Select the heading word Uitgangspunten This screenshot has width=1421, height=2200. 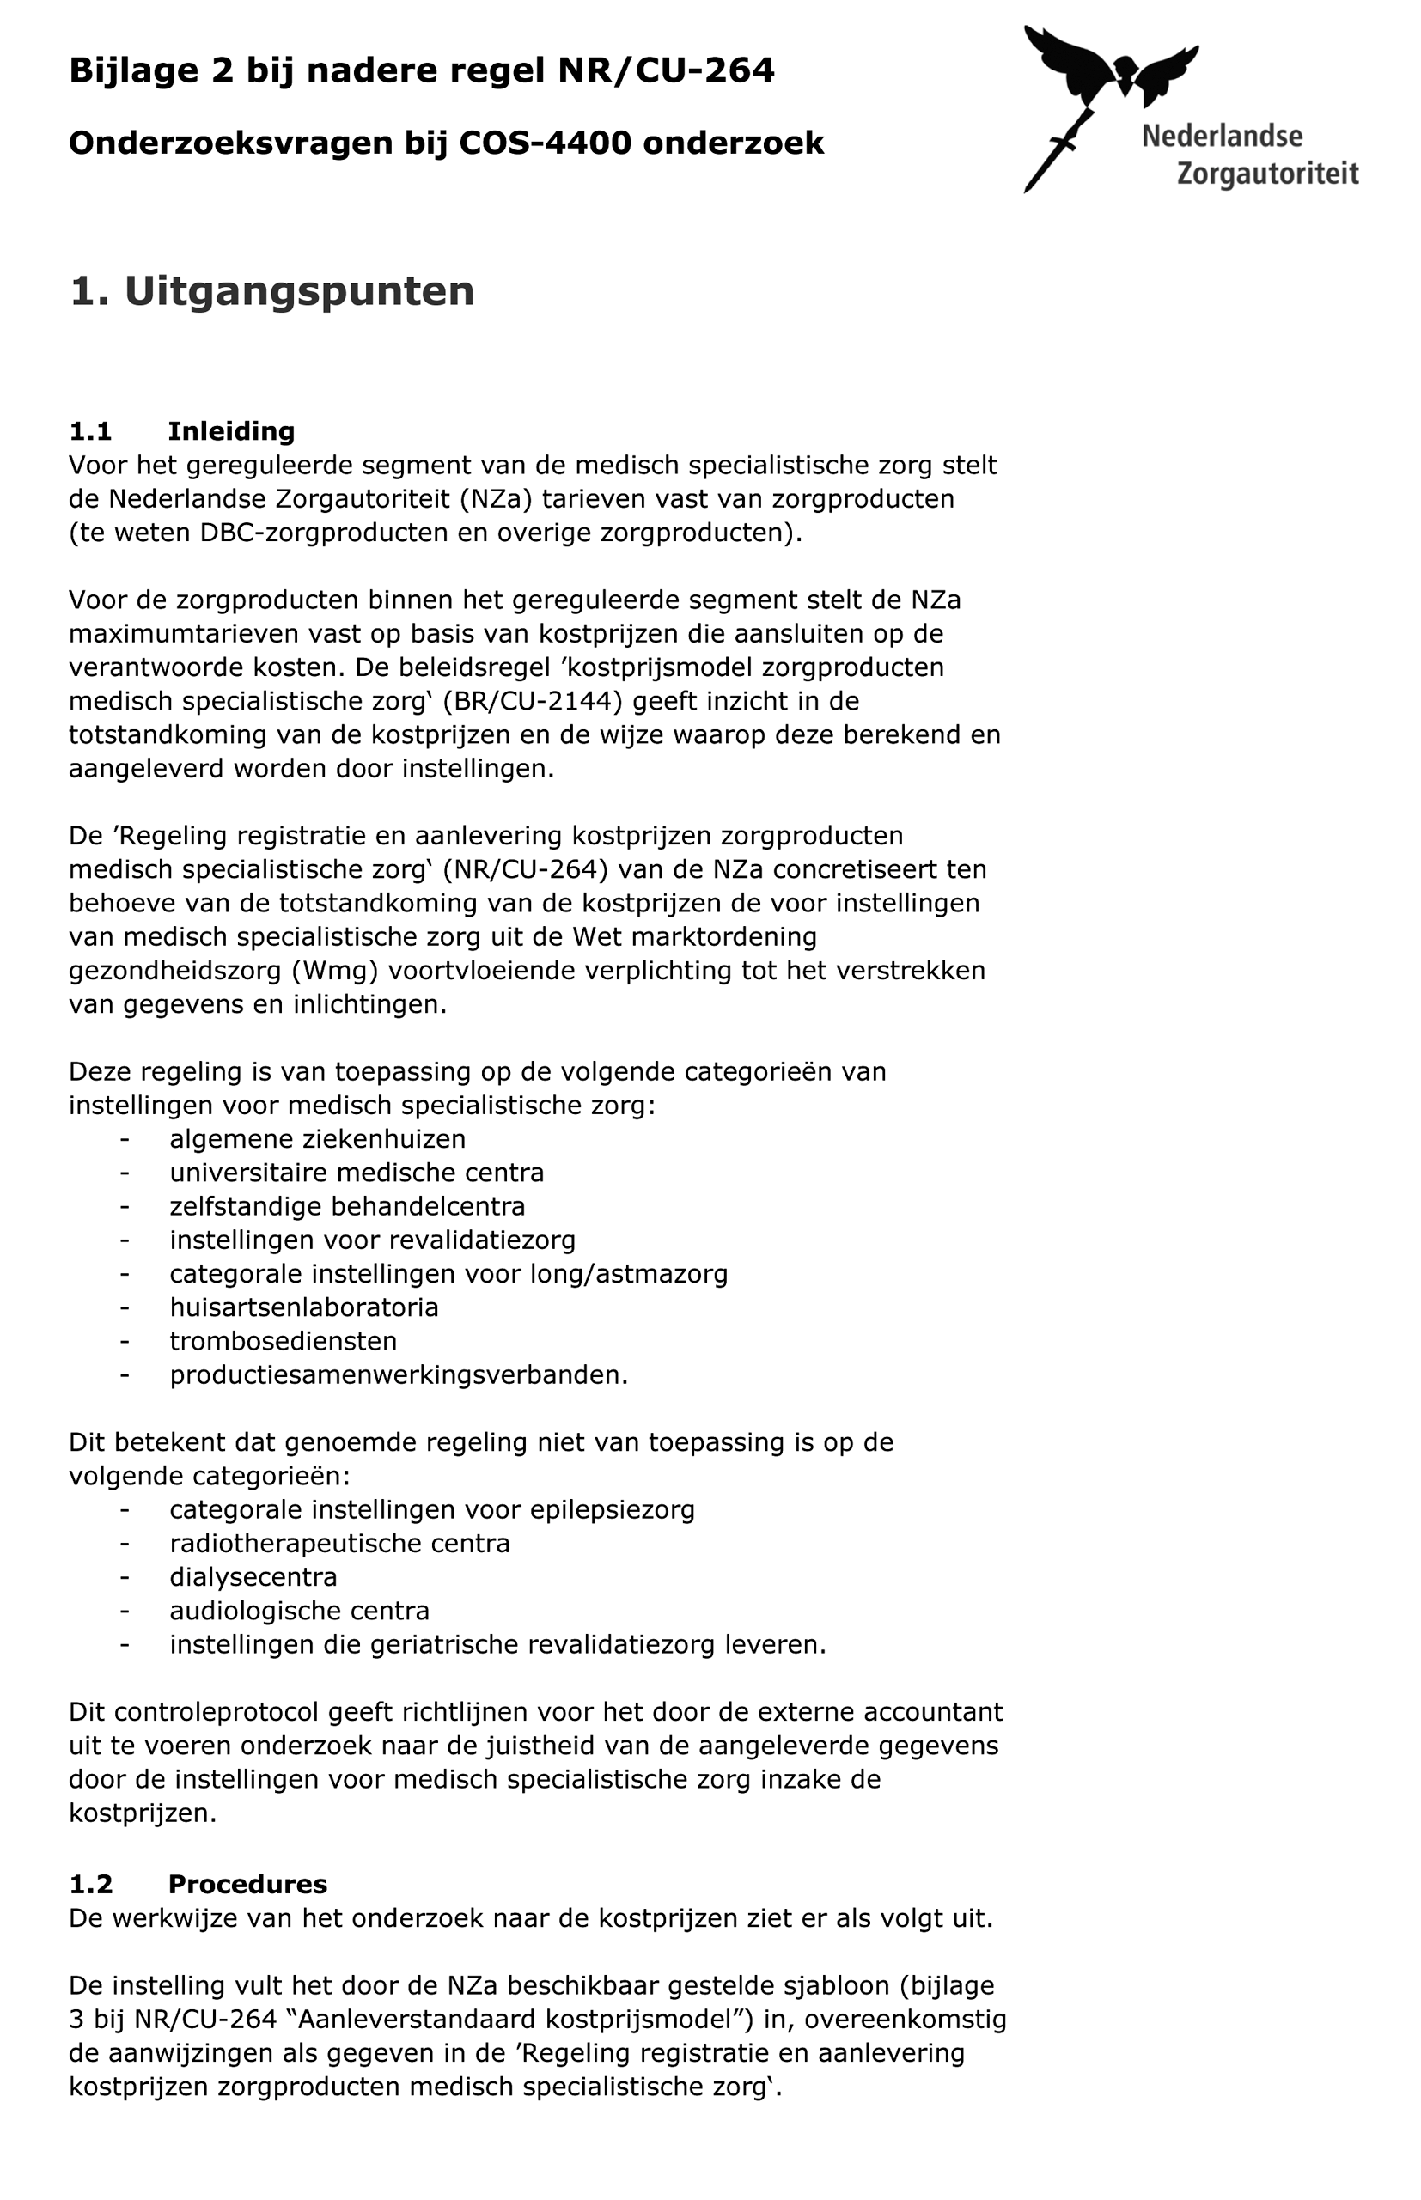click(299, 291)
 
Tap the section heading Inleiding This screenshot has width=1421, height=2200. click(231, 432)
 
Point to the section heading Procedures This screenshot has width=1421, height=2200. click(247, 1884)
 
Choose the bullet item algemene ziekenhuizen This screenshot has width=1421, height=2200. click(317, 1139)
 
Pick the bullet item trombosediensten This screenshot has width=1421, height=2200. click(284, 1341)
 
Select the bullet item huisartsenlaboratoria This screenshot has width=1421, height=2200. click(303, 1307)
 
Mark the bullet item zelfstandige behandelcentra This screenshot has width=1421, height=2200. click(347, 1207)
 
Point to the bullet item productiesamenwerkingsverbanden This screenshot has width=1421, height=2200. click(398, 1375)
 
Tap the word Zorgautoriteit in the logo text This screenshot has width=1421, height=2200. click(1268, 174)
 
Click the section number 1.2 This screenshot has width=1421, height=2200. click(90, 1884)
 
